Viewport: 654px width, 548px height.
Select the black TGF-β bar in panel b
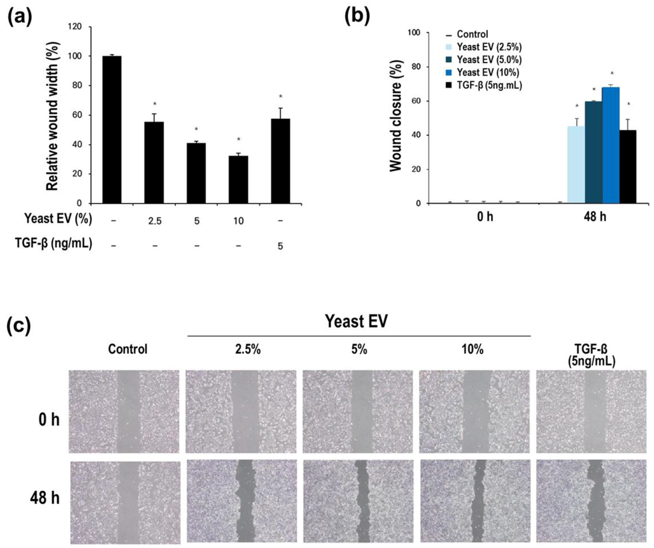click(628, 167)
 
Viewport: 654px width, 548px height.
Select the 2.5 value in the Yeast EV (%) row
click(155, 221)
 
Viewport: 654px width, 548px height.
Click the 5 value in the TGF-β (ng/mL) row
click(280, 246)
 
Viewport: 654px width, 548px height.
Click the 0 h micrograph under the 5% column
click(358, 411)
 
